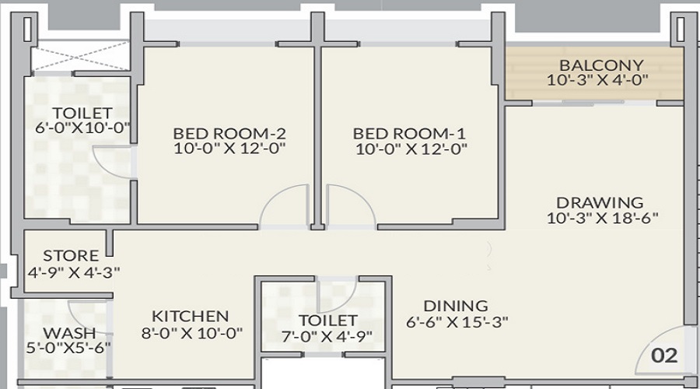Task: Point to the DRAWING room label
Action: pyautogui.click(x=600, y=203)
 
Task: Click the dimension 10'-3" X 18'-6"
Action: pyautogui.click(x=603, y=219)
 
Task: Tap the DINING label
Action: pyautogui.click(x=456, y=306)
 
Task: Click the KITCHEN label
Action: pyautogui.click(x=190, y=317)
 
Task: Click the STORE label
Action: pyautogui.click(x=71, y=256)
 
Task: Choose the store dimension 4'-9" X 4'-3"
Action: pyautogui.click(x=73, y=272)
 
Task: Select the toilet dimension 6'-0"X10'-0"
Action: pyautogui.click(x=82, y=128)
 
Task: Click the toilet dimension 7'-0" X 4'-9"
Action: pyautogui.click(x=327, y=336)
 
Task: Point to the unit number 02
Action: pyautogui.click(x=664, y=356)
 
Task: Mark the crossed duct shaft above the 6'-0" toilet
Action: pyautogui.click(x=81, y=58)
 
